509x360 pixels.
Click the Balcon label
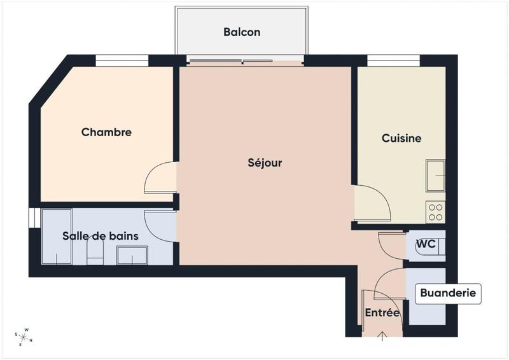[241, 32]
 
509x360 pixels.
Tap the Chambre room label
[106, 132]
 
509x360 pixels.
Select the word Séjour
[265, 163]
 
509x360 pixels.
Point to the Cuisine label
[401, 138]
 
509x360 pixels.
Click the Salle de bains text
[100, 236]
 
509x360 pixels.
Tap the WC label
[425, 244]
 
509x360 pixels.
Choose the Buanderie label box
[447, 294]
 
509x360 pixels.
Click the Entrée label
[382, 313]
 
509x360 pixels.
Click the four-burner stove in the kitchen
[436, 212]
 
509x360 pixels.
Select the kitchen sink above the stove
[436, 175]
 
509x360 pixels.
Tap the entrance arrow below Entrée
[382, 336]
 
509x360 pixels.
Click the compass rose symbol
[24, 336]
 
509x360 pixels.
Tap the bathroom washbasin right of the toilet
[132, 255]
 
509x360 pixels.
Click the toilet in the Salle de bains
[95, 251]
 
